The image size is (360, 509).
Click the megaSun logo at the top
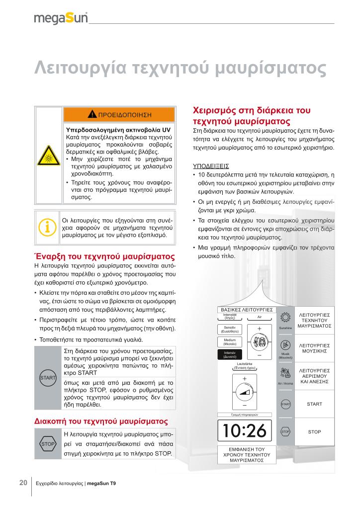[61, 18]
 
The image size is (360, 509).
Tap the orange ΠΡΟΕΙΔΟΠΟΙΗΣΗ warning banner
[120, 114]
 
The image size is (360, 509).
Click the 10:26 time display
[245, 431]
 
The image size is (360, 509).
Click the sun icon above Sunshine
[285, 318]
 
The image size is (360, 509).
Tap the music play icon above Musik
[285, 345]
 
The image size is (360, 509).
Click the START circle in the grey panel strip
[285, 404]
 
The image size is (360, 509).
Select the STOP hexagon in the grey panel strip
[285, 431]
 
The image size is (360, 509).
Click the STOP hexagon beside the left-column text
[47, 443]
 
